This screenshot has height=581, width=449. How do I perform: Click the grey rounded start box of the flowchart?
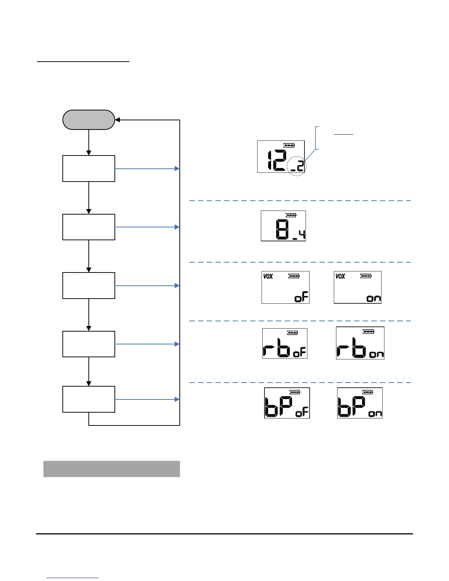[89, 120]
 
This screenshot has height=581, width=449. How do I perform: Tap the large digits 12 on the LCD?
[276, 161]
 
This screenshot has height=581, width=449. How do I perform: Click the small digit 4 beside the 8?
[302, 234]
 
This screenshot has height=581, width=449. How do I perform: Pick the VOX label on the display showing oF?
[268, 276]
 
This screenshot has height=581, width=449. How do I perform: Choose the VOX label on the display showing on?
[340, 276]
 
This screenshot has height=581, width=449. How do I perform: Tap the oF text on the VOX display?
[302, 297]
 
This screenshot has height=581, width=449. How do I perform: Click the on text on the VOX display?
[374, 298]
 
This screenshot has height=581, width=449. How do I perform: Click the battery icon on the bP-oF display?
[295, 392]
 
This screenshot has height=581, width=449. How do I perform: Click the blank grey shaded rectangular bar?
[112, 469]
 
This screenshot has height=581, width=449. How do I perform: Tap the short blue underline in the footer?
[73, 578]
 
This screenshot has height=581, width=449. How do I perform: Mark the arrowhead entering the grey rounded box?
[117, 120]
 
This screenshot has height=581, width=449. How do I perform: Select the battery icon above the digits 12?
[289, 145]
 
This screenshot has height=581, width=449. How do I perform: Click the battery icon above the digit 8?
[291, 215]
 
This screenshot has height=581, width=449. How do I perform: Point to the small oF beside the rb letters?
[299, 352]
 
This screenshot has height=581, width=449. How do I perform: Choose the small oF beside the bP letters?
[302, 413]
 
